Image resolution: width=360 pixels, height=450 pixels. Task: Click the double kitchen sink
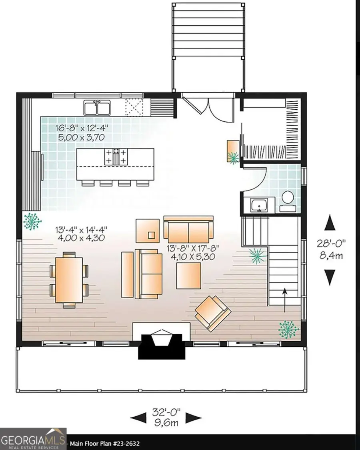(x=97, y=108)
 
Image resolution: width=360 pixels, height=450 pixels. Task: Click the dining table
(x=69, y=280)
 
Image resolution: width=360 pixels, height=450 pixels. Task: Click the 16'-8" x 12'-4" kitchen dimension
(x=82, y=133)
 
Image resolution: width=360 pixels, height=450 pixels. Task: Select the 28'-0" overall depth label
(x=330, y=249)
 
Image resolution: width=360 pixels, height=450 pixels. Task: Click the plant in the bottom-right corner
(x=288, y=329)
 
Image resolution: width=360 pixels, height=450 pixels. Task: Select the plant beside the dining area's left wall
(x=32, y=221)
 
